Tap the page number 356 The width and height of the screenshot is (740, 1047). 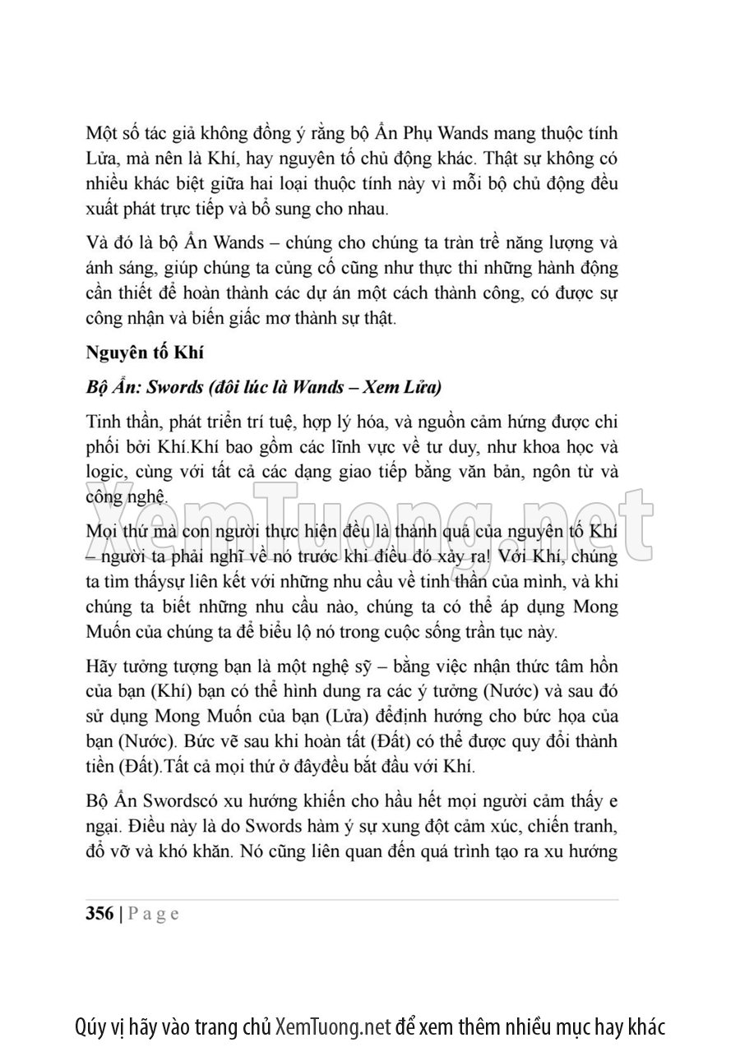pyautogui.click(x=99, y=915)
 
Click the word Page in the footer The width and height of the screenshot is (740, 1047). pyautogui.click(x=153, y=915)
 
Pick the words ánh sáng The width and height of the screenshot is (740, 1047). pyautogui.click(x=114, y=268)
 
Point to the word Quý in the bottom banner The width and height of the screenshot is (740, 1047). pyautogui.click(x=90, y=1026)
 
